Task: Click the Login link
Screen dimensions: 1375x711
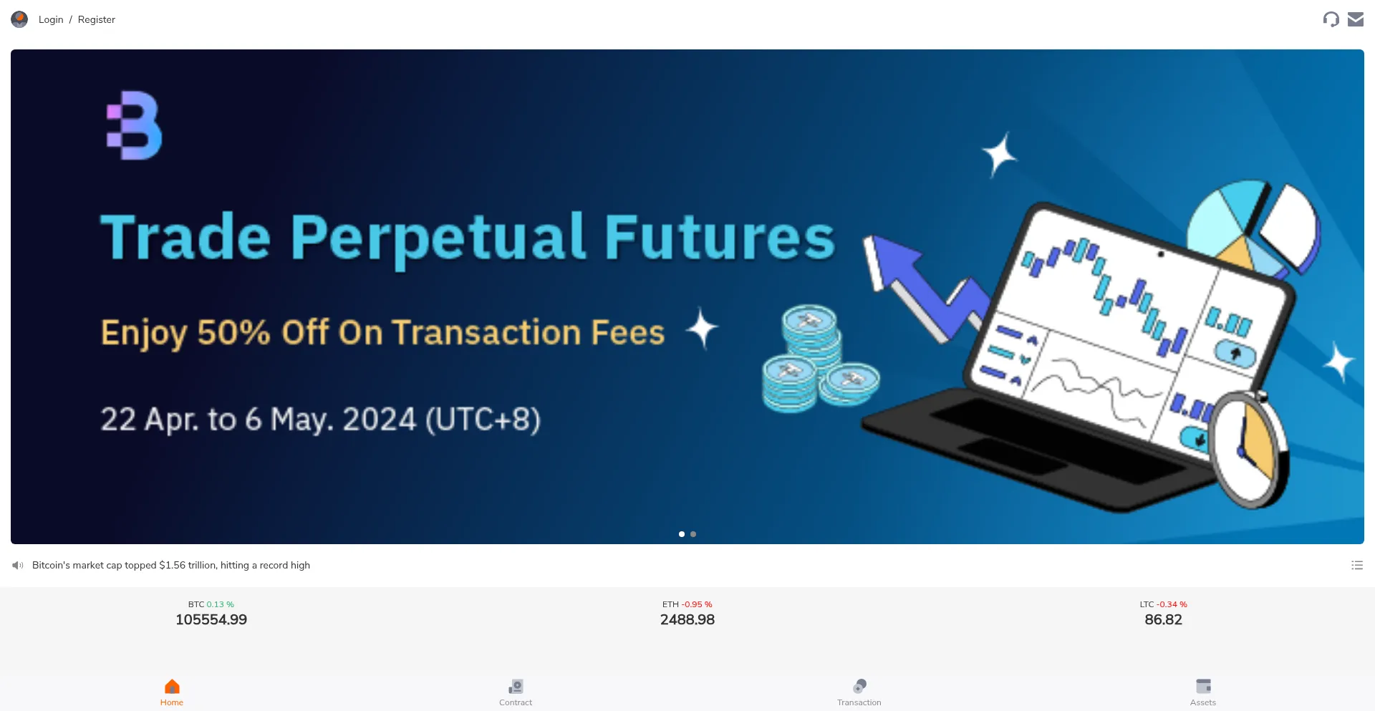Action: coord(51,19)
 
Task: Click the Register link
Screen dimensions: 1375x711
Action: coord(97,19)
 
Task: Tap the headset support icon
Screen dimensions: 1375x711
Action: coord(1331,19)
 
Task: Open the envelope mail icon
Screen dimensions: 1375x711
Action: coord(1356,19)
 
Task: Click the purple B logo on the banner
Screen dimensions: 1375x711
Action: coord(134,125)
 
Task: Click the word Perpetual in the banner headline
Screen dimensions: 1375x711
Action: coord(438,238)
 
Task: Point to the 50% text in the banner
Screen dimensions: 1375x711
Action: coord(233,332)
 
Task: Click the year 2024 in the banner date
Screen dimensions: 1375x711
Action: coord(379,420)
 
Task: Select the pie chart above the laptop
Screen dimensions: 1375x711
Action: coord(1253,226)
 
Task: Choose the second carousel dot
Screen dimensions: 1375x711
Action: coord(693,534)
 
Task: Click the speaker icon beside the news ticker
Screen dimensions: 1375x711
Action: coord(18,566)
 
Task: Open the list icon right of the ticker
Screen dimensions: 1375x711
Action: coord(1357,565)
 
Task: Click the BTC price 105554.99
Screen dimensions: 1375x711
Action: coord(211,620)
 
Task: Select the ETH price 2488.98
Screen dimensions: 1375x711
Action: coord(687,620)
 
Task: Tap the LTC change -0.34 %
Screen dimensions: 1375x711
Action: coord(1172,604)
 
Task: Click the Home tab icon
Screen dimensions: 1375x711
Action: coord(172,687)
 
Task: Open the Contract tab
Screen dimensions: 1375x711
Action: coord(516,692)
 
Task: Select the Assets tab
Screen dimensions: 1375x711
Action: coord(1203,692)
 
